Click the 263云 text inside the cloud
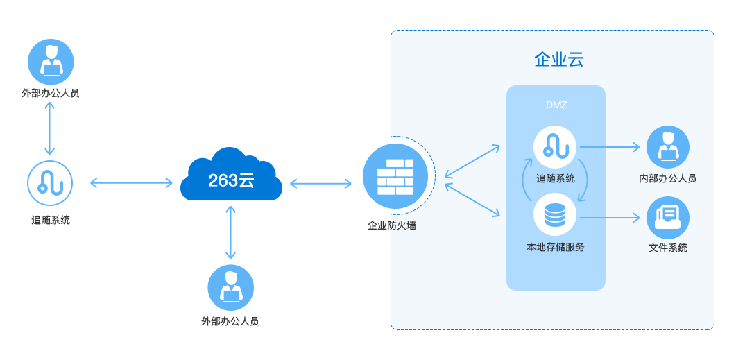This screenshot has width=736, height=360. coord(231,180)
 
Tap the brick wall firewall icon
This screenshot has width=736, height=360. coord(395,176)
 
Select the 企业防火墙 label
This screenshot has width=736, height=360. coord(392,225)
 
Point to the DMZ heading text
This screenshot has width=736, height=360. coord(556,105)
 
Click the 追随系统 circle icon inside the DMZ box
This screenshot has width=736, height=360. coord(556,146)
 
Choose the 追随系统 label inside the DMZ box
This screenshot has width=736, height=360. coord(556,178)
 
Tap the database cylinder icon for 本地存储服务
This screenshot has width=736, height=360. coord(556,216)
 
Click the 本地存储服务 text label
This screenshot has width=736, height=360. coord(556,247)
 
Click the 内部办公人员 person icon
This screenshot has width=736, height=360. coord(667,147)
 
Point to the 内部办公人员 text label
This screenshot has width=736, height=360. coord(667,179)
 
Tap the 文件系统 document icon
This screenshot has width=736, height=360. coord(667,218)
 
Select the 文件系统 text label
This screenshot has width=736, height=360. coord(667,248)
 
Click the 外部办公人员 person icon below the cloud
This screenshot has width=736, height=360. coord(230,287)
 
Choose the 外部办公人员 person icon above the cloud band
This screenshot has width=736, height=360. coord(51,61)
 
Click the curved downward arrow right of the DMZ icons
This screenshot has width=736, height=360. coord(585,182)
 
